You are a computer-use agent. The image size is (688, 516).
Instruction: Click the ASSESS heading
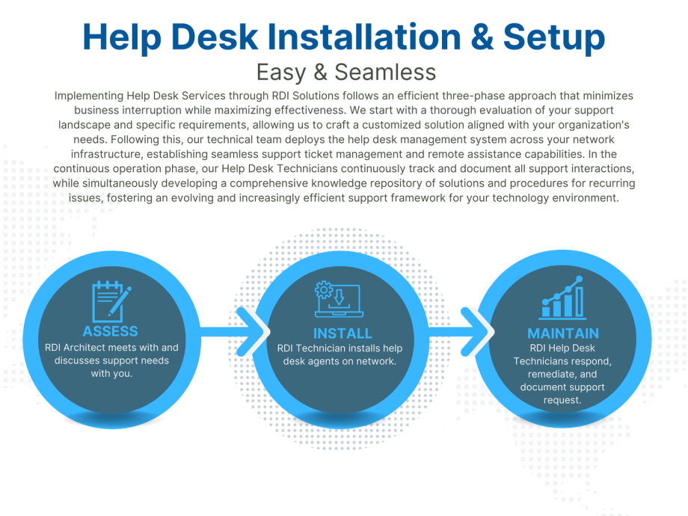pyautogui.click(x=111, y=331)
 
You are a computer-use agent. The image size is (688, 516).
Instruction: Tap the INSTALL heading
pyautogui.click(x=343, y=334)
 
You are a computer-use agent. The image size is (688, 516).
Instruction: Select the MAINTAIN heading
pyautogui.click(x=563, y=334)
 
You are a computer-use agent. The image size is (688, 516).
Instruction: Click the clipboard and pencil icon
pyautogui.click(x=111, y=301)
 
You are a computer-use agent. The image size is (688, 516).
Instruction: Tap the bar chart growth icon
pyautogui.click(x=562, y=298)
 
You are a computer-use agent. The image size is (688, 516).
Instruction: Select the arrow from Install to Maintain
pyautogui.click(x=461, y=332)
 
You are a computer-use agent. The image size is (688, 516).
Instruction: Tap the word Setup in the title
pyautogui.click(x=554, y=39)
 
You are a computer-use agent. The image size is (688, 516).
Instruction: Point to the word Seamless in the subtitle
pyautogui.click(x=385, y=72)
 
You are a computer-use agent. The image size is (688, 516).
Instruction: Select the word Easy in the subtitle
pyautogui.click(x=281, y=73)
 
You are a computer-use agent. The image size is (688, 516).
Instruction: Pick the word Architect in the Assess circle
pyautogui.click(x=84, y=348)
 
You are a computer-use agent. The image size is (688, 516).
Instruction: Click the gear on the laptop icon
pyautogui.click(x=324, y=290)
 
